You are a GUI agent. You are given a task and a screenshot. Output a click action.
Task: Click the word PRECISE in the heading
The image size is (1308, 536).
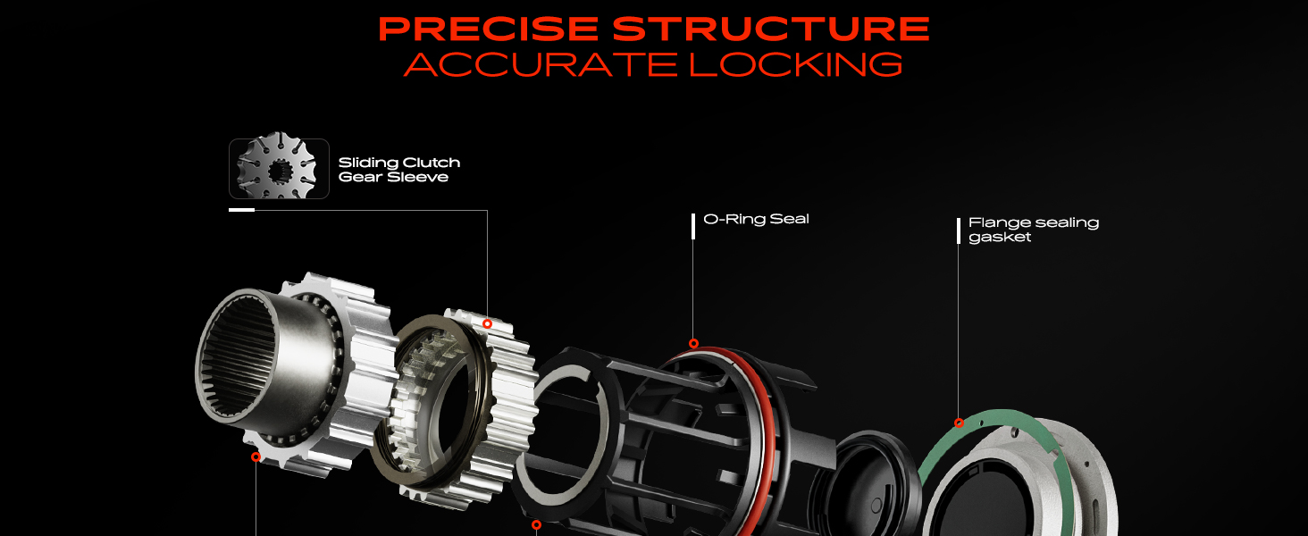[x=488, y=29]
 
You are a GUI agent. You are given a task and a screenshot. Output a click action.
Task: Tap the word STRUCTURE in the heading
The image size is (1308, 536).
[x=771, y=29]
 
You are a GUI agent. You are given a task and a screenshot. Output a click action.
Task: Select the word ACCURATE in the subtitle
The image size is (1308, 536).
[x=541, y=64]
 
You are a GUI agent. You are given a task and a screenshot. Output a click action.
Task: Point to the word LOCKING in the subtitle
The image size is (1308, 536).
[x=796, y=64]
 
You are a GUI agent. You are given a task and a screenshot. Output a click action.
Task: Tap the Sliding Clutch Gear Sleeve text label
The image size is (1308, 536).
[x=398, y=170]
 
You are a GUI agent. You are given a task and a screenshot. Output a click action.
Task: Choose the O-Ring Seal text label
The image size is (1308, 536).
[x=756, y=219]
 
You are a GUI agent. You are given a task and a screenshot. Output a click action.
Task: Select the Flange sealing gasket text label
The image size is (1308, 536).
[x=1034, y=230]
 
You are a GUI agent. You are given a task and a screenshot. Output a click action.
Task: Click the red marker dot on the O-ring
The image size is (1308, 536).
[x=693, y=343]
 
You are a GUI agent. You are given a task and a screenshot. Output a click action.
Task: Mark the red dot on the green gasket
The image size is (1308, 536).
[x=959, y=423]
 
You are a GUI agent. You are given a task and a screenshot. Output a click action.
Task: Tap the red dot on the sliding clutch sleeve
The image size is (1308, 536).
[x=487, y=323]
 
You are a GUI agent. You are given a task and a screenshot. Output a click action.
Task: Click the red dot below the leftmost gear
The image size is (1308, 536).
[x=256, y=456]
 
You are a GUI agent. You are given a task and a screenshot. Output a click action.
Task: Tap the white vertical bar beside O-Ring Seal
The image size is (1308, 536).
[x=693, y=226]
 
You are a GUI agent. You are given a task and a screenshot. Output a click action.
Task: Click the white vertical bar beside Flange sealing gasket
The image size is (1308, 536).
[x=959, y=230]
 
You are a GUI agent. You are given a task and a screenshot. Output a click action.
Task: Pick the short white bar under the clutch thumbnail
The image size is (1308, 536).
[x=242, y=210]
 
